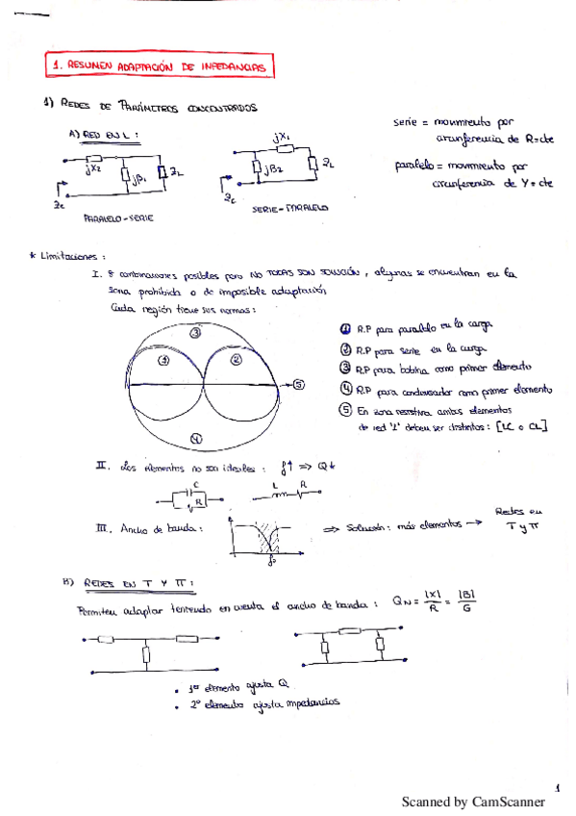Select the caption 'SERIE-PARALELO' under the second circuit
coord(288,206)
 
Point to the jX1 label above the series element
coord(282,138)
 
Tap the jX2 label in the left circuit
coord(94,170)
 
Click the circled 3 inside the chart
coord(195,332)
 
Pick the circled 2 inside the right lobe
coord(236,361)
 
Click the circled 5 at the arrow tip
coord(298,385)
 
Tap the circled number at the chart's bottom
coord(196,438)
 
